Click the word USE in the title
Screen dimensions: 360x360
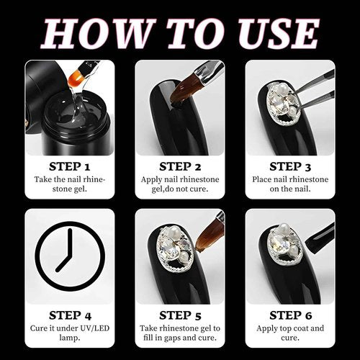click(x=279, y=33)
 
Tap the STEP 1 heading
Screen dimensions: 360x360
click(x=70, y=166)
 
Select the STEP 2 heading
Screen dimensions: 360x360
click(x=180, y=166)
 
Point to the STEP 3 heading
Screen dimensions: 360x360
click(x=290, y=166)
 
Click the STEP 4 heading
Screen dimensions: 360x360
click(x=70, y=315)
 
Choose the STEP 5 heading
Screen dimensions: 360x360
click(x=180, y=315)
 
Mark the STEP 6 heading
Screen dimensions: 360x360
click(x=290, y=315)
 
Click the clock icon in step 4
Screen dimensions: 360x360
click(x=70, y=256)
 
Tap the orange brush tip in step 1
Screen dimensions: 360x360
click(x=75, y=80)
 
